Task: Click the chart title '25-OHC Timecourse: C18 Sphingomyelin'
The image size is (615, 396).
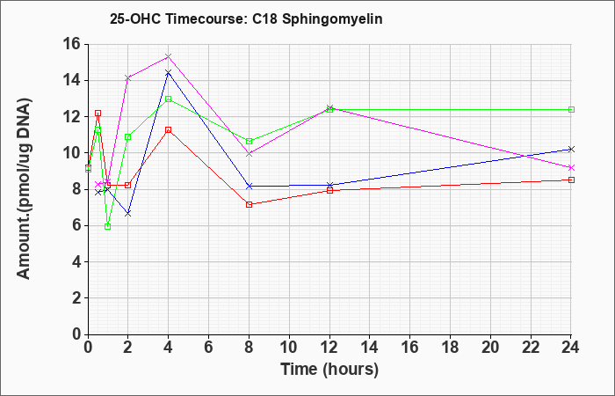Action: (x=246, y=19)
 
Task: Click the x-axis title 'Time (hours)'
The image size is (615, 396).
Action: (x=329, y=370)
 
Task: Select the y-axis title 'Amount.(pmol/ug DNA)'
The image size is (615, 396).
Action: (x=24, y=188)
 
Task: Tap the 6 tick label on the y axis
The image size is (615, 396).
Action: (x=77, y=226)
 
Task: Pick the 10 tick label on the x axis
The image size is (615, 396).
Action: (x=289, y=348)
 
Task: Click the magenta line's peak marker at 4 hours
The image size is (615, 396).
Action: (x=169, y=56)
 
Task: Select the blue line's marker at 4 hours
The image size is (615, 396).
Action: (x=169, y=73)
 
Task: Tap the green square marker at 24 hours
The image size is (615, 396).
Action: (x=571, y=110)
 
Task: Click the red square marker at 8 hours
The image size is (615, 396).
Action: (x=249, y=205)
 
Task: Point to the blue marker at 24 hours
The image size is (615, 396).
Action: (x=571, y=150)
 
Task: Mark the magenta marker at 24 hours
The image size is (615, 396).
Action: (x=571, y=168)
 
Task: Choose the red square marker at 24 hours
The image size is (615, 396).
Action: (x=571, y=180)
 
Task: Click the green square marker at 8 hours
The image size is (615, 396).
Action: (x=249, y=142)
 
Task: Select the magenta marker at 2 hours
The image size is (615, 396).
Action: (x=128, y=78)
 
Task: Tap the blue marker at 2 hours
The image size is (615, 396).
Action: (x=128, y=214)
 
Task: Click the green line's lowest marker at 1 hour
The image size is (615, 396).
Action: (x=108, y=227)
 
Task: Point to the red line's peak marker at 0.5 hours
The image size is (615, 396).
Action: (x=98, y=114)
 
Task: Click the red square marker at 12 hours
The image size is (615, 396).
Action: (x=329, y=191)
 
